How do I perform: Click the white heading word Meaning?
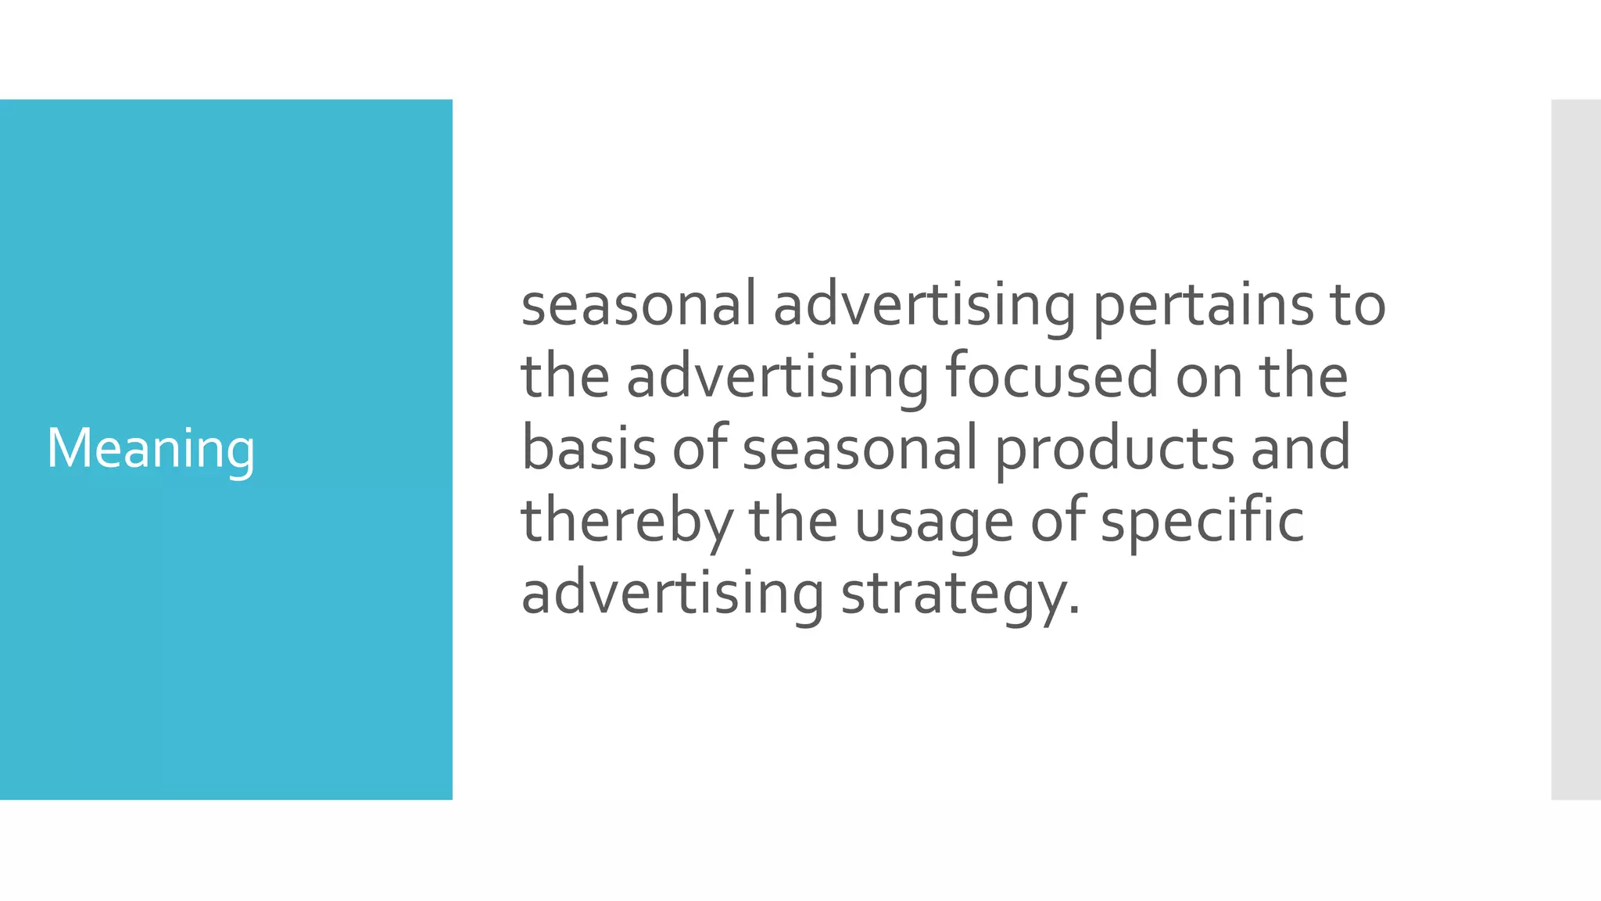coord(151,449)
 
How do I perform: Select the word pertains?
coord(1203,305)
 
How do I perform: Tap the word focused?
coord(1052,377)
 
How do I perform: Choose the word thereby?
coord(627,522)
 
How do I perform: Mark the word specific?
coord(1202,522)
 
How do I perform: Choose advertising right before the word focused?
coord(778,377)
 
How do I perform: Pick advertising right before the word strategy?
coord(672,593)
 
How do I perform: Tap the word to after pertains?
coord(1357,305)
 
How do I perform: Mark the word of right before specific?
coord(1058,520)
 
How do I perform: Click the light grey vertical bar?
coord(1575,449)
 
